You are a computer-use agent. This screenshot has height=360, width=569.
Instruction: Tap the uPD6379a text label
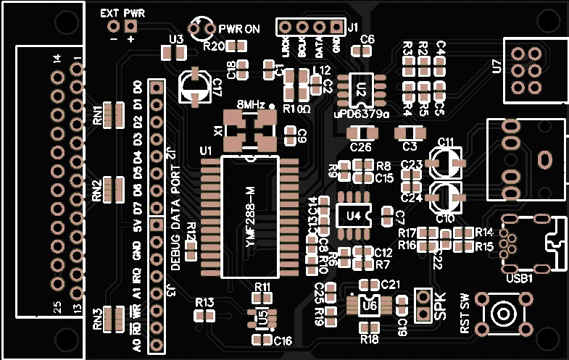click(x=362, y=114)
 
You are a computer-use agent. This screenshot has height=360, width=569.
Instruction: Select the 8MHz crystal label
click(x=250, y=104)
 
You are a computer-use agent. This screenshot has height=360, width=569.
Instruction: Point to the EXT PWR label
click(x=122, y=13)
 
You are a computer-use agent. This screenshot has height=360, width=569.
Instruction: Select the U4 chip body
click(x=353, y=215)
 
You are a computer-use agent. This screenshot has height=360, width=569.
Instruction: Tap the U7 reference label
click(x=497, y=67)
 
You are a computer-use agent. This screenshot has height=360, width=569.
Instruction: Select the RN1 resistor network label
click(x=97, y=116)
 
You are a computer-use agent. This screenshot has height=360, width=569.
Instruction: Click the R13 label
click(x=204, y=301)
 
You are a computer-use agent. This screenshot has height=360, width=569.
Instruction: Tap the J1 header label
click(x=353, y=28)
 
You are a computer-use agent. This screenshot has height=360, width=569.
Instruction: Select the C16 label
click(x=283, y=340)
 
